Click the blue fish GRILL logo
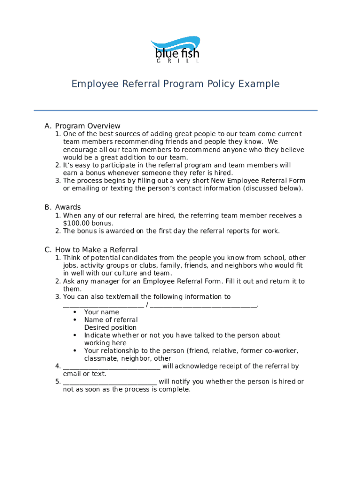[175, 50]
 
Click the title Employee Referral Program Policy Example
[175, 84]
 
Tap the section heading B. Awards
[63, 207]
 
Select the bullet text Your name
[101, 312]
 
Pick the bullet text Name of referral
[111, 320]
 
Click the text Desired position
[110, 327]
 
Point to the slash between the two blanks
[147, 305]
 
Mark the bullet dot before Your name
[75, 312]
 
